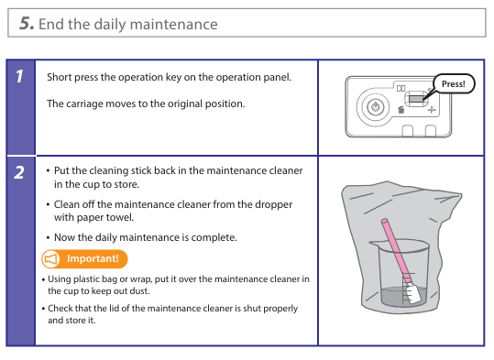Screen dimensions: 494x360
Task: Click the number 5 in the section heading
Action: pos(27,23)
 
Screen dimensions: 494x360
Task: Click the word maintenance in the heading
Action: pos(173,24)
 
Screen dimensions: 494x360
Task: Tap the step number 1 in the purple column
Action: pos(19,77)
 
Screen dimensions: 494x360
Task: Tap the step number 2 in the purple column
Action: pos(19,172)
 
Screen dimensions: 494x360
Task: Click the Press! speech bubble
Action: pos(454,83)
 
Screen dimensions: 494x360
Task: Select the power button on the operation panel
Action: pos(375,107)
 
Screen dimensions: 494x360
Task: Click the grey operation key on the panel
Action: pos(416,99)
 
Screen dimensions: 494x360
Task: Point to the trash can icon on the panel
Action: pos(401,110)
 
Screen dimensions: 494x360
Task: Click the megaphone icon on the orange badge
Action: pos(51,259)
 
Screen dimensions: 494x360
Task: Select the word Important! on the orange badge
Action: pos(93,258)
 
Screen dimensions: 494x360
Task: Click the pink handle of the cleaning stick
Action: pos(396,250)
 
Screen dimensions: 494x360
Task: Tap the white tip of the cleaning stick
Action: pos(412,293)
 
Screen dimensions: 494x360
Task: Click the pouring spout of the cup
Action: pos(374,243)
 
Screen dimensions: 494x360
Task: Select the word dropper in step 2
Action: pos(273,204)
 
